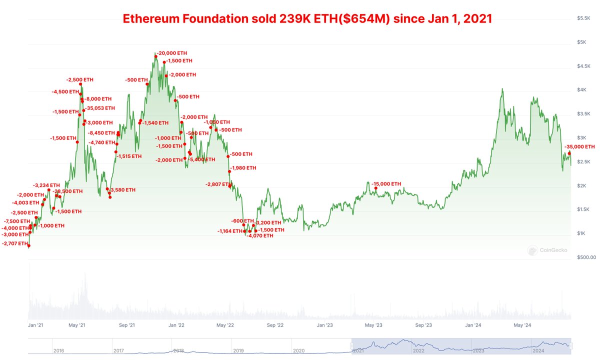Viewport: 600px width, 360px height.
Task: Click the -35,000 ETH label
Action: coord(579,147)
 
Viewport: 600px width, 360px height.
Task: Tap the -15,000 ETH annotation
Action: coord(386,184)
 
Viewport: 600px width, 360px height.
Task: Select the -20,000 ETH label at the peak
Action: coord(173,53)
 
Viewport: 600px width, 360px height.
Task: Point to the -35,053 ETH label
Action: coord(100,108)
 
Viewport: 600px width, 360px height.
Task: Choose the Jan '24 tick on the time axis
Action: coord(473,325)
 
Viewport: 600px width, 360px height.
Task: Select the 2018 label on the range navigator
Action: coord(178,351)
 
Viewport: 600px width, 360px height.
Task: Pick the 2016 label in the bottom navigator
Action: coord(58,351)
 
